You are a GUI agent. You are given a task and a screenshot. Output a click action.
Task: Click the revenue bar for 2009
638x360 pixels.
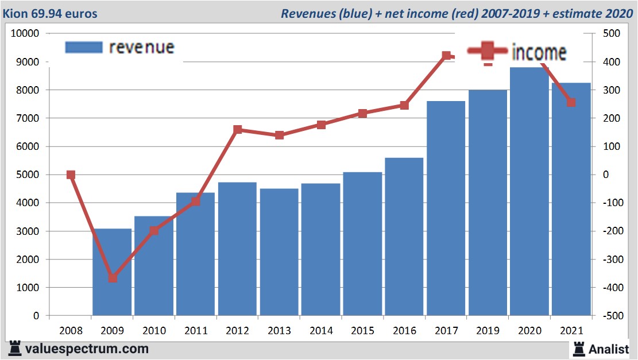112,272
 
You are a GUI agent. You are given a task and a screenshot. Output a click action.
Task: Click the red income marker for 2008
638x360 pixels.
71,175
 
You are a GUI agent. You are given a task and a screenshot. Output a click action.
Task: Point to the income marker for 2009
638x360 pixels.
113,278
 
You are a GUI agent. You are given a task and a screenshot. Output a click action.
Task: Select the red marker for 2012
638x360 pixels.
238,130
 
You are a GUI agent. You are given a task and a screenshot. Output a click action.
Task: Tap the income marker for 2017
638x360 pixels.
446,56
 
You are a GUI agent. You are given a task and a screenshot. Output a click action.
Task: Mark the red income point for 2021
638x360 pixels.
571,103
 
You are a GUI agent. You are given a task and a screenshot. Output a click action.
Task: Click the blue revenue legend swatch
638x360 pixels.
84,47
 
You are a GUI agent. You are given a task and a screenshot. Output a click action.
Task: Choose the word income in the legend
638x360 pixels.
539,52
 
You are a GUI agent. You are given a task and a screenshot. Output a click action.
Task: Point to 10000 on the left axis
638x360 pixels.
25,34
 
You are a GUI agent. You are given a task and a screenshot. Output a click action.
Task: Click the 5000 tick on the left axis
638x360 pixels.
28,175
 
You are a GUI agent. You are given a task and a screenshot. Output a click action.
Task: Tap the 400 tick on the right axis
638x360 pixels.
610,62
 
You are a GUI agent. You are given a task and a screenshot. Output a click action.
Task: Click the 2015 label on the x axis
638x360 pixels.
362,331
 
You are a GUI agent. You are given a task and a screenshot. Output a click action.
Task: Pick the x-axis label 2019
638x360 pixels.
488,331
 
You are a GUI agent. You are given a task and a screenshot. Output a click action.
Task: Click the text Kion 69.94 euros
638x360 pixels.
51,13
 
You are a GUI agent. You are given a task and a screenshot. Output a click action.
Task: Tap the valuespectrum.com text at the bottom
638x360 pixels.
87,349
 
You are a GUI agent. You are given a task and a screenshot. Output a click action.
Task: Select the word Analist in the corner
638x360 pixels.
608,349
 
